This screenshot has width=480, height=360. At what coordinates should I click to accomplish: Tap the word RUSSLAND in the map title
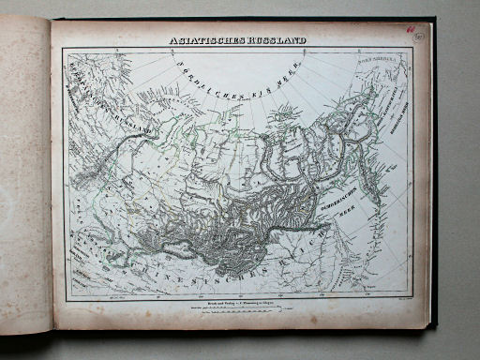coord(278,41)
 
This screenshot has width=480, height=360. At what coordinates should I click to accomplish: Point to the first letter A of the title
coord(172,41)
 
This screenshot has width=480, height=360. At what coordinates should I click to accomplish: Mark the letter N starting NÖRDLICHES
coord(177,64)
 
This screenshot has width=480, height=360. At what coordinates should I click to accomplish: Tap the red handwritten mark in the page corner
coord(410,29)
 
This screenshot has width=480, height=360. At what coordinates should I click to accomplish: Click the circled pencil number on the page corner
coord(418,36)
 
